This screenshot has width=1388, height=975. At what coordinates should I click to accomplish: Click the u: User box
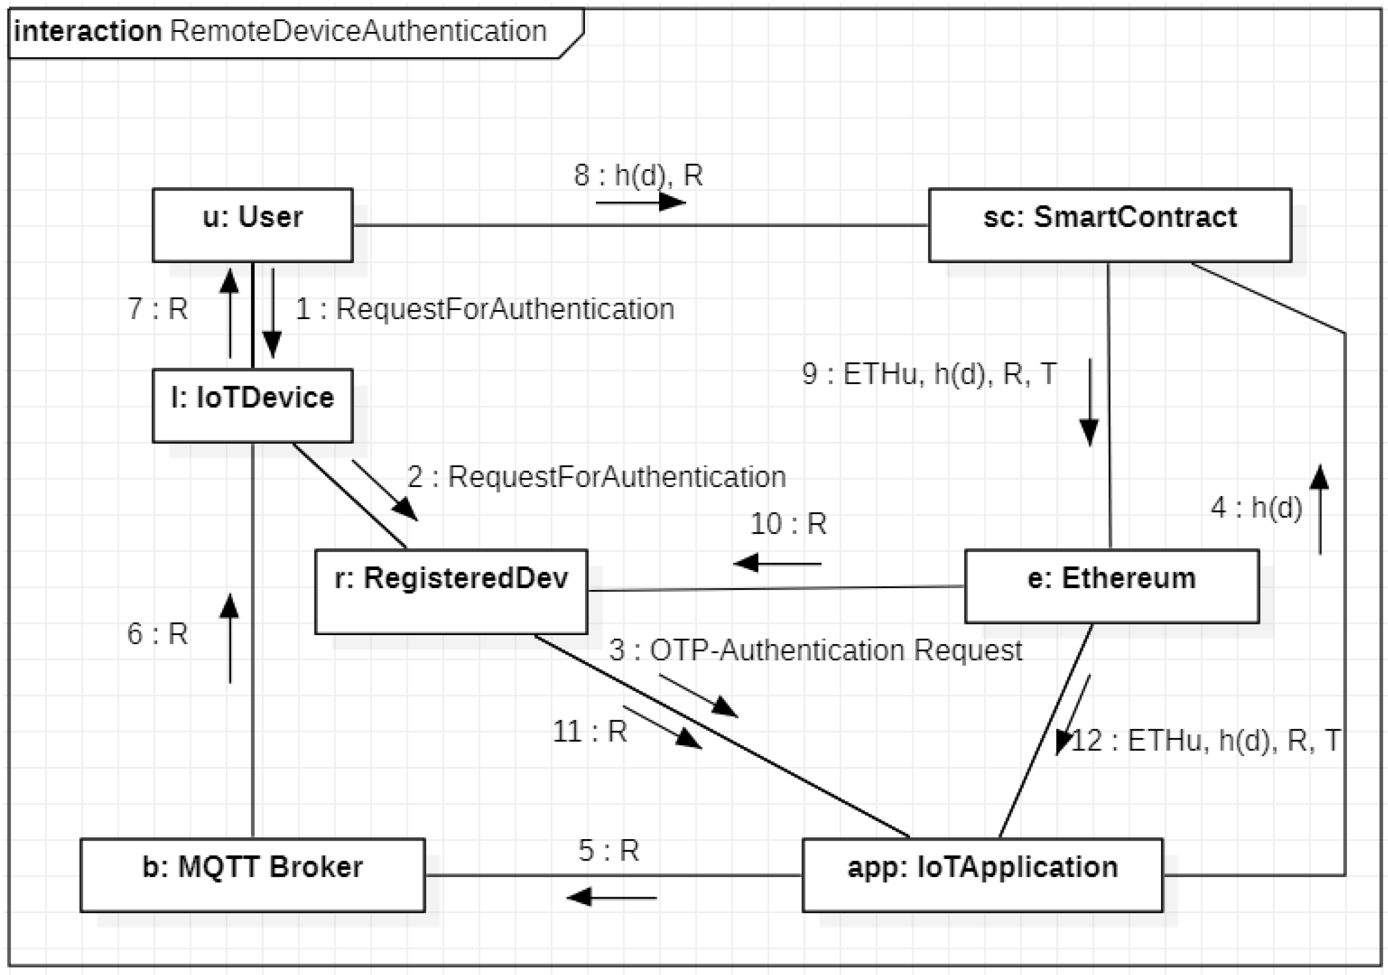252,224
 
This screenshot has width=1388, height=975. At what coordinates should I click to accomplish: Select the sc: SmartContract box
1109,224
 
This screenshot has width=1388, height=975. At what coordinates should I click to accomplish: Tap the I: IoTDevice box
252,405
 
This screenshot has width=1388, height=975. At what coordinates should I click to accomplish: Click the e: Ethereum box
1111,585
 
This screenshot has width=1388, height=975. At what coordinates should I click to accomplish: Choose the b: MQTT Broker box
252,874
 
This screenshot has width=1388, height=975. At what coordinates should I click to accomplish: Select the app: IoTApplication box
982,874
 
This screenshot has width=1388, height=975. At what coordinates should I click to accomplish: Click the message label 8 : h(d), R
638,175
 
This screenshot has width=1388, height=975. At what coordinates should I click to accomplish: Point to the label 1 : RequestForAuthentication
484,309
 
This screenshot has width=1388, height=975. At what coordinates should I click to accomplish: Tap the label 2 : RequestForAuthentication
596,477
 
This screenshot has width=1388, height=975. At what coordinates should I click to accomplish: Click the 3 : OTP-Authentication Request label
815,651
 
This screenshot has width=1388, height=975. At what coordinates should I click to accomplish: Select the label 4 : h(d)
1256,507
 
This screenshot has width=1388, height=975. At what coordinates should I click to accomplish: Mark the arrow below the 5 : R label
612,897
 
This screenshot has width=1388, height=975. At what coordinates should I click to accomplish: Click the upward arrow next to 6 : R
230,638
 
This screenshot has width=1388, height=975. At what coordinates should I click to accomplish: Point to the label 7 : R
158,309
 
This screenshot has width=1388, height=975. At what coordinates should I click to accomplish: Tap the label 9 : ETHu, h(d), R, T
929,373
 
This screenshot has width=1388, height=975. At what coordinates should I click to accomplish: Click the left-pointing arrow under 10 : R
777,563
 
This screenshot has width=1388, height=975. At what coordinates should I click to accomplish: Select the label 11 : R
589,732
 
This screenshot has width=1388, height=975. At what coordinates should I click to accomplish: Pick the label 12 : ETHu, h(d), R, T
1205,741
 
